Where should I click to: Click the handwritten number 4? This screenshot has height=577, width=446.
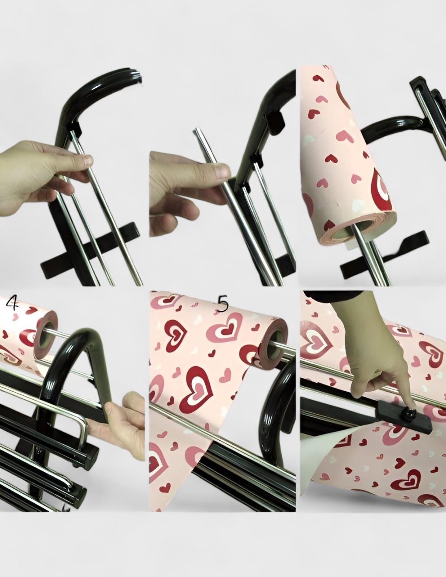pyautogui.click(x=12, y=304)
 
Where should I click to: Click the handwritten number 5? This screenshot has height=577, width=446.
pyautogui.click(x=223, y=304)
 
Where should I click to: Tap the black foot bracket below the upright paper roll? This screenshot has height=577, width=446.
pyautogui.click(x=385, y=254)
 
